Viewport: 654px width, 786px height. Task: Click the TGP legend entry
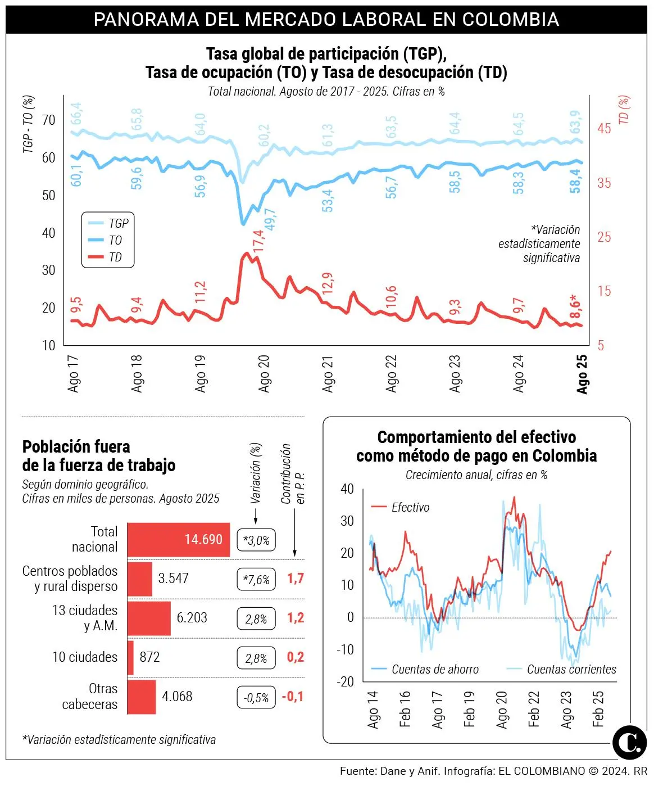pyautogui.click(x=118, y=223)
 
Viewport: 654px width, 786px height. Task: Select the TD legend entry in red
pyautogui.click(x=115, y=258)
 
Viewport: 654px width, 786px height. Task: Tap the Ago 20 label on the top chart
pyautogui.click(x=264, y=373)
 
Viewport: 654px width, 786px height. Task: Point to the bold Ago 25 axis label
pyautogui.click(x=582, y=373)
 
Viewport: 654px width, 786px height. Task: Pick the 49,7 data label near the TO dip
pyautogui.click(x=270, y=219)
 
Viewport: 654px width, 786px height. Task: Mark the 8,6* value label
pyautogui.click(x=575, y=306)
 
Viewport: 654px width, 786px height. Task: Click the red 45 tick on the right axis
pyautogui.click(x=604, y=129)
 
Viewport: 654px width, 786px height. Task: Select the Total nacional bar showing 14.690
pyautogui.click(x=179, y=540)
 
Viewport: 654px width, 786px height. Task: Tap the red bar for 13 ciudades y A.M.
pyautogui.click(x=149, y=618)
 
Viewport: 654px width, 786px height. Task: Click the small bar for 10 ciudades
pyautogui.click(x=130, y=657)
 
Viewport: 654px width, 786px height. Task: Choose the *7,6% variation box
pyautogui.click(x=256, y=580)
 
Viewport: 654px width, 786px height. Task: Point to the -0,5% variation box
pyautogui.click(x=256, y=698)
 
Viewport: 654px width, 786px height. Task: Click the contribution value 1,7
pyautogui.click(x=296, y=579)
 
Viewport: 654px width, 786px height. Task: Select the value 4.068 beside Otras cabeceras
pyautogui.click(x=177, y=697)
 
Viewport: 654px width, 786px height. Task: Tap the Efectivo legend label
pyautogui.click(x=410, y=508)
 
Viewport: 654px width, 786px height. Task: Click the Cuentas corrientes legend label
pyautogui.click(x=571, y=670)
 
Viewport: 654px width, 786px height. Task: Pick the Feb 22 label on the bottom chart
pyautogui.click(x=534, y=709)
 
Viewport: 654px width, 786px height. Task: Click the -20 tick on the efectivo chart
pyautogui.click(x=346, y=682)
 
